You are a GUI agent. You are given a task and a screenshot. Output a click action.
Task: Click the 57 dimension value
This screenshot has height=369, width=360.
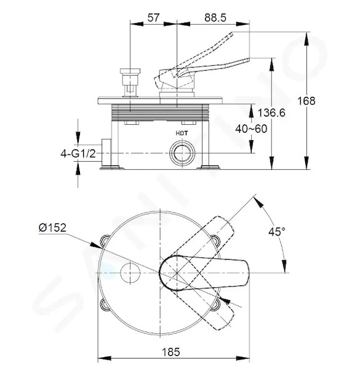153,18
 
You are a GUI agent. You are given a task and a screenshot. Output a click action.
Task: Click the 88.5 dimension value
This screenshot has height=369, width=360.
215,18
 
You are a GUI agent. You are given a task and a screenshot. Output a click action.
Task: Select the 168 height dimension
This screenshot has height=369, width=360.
306,101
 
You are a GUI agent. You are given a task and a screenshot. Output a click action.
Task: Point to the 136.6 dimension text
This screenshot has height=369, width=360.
271,113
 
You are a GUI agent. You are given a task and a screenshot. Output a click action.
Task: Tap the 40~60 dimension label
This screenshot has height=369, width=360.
251,129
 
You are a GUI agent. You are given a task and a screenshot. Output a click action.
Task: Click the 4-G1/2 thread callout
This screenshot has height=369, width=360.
78,154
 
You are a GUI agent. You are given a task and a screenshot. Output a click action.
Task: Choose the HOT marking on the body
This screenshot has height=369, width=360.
182,133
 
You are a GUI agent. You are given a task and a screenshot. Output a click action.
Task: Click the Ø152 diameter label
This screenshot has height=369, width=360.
52,228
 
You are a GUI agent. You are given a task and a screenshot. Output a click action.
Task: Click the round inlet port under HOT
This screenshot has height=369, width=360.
182,153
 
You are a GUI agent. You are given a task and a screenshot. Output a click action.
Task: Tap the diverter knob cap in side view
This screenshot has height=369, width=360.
130,71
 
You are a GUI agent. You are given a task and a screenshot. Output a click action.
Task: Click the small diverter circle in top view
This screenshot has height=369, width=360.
130,272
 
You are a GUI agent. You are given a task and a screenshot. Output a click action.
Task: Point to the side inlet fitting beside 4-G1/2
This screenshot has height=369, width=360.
106,153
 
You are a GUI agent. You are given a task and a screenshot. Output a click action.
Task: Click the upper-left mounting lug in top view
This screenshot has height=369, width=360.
104,240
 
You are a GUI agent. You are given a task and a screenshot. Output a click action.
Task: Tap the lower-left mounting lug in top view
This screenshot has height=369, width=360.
104,305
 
